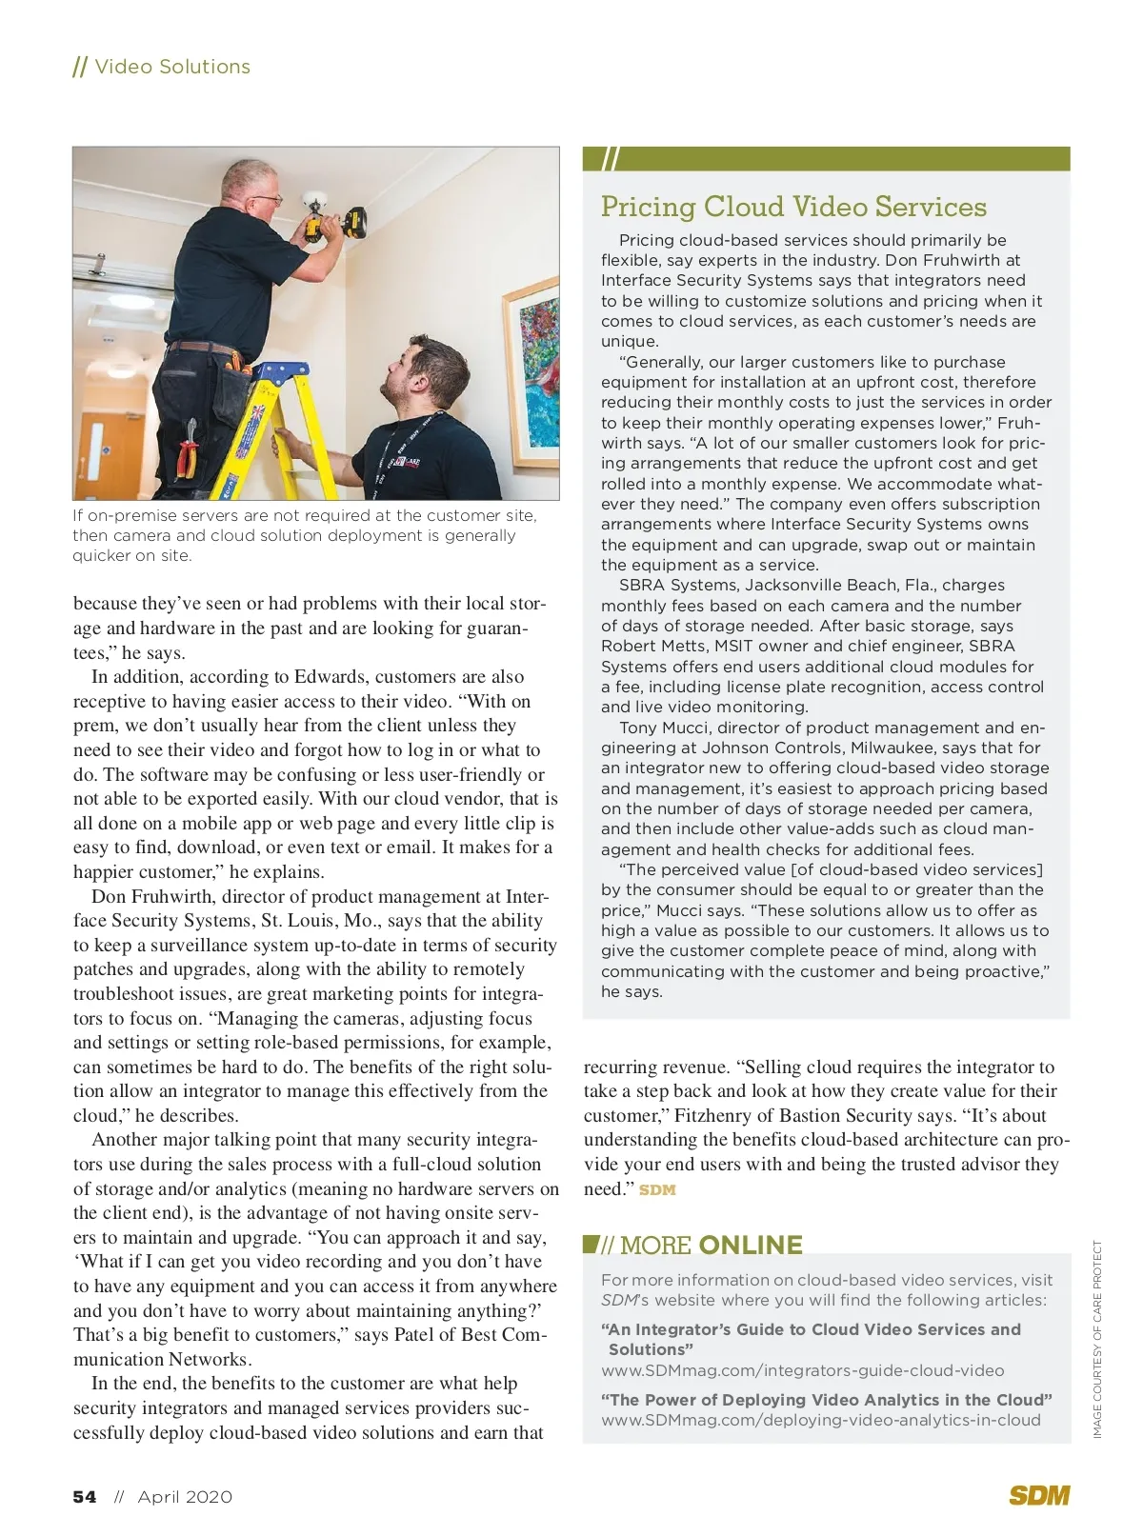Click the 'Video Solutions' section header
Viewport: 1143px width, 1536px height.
click(171, 67)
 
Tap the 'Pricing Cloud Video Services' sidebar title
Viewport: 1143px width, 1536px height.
click(793, 207)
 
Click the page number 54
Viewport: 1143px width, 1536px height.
click(85, 1497)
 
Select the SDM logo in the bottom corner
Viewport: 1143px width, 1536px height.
click(1039, 1495)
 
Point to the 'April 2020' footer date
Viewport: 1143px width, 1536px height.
click(185, 1497)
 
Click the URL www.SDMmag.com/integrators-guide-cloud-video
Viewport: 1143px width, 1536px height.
click(802, 1370)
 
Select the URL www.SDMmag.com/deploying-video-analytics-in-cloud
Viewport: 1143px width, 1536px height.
click(820, 1420)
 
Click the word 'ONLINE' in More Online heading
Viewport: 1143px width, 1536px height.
click(751, 1246)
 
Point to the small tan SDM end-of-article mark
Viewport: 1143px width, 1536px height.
click(657, 1189)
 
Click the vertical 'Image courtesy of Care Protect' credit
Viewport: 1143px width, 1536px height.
click(1097, 1338)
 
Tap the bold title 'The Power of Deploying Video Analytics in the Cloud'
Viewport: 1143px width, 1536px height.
click(826, 1400)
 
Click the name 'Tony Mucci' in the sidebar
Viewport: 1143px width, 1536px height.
click(663, 728)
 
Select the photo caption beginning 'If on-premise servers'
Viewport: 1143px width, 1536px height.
click(305, 535)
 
